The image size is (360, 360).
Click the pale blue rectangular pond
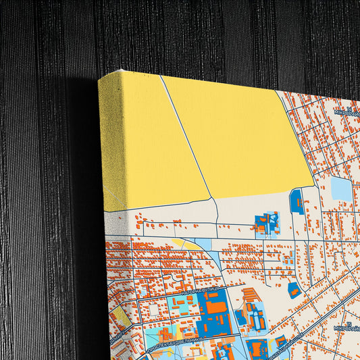pyautogui.click(x=341, y=190)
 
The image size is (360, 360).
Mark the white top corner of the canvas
pyautogui.click(x=120, y=73)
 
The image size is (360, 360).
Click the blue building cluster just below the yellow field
pyautogui.click(x=266, y=223)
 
